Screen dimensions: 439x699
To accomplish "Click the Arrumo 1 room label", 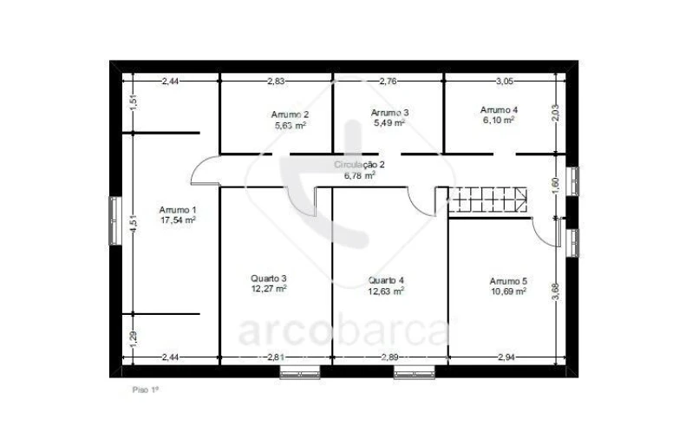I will tap(177, 210).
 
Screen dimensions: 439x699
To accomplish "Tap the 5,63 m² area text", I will tap(289, 125).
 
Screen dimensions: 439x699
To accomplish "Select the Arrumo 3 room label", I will tap(389, 113).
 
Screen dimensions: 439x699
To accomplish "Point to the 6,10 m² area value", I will tap(499, 121).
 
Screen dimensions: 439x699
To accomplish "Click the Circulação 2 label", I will tap(359, 164).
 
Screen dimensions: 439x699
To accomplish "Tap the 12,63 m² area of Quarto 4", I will tap(386, 292).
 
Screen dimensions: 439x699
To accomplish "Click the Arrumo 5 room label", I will tap(508, 281).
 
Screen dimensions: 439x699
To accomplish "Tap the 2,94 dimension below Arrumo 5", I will tap(506, 357).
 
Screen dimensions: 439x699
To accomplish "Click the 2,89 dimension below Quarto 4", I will tap(390, 357).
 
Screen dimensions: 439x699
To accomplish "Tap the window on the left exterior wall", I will tap(114, 220).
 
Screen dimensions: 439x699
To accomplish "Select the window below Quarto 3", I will tap(300, 373).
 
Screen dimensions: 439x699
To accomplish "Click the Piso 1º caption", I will tap(145, 390).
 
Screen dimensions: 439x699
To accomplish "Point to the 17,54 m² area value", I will tap(177, 220).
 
